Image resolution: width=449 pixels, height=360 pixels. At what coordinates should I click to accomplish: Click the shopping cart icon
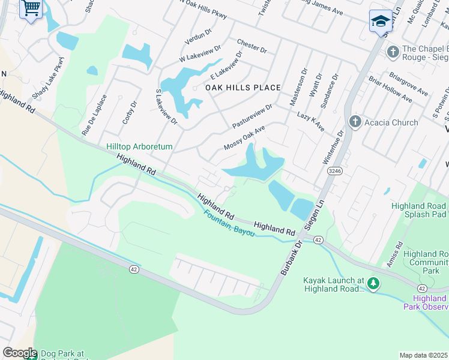[x=31, y=9]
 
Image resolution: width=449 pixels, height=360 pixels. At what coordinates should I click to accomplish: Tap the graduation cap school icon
[x=381, y=22]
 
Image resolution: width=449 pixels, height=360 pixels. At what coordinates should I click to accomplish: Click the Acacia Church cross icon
[x=355, y=122]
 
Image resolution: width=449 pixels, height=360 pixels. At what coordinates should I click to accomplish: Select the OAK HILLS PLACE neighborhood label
[x=243, y=88]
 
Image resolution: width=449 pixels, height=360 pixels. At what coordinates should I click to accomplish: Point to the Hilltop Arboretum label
[x=139, y=146]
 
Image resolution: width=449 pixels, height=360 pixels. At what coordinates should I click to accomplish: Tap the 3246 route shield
[x=335, y=171]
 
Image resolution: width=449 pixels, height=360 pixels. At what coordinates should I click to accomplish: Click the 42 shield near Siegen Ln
[x=318, y=239]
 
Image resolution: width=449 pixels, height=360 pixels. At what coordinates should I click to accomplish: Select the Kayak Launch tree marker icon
[x=373, y=283]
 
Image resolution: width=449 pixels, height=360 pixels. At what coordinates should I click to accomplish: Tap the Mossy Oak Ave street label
[x=244, y=139]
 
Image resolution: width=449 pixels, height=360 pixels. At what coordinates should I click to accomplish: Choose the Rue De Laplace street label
[x=95, y=113]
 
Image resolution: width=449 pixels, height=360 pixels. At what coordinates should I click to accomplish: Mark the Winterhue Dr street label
[x=334, y=147]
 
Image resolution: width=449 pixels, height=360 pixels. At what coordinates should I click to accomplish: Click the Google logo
[x=19, y=353]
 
